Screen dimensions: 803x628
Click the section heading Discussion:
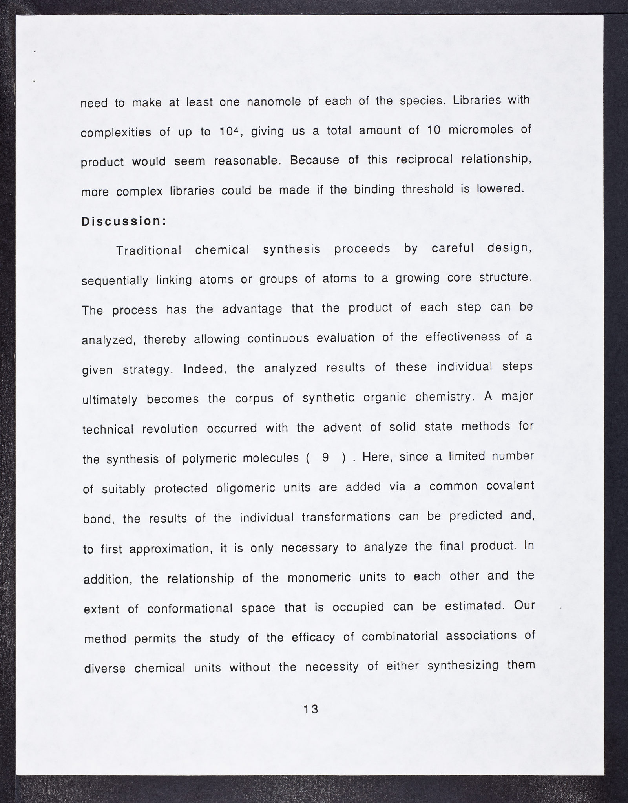124,221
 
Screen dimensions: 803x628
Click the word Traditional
149,250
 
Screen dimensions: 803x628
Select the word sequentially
115,280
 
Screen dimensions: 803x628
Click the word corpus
252,398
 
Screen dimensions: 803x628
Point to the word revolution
170,429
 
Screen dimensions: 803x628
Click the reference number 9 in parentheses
325,458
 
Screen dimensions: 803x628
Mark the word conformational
190,608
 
